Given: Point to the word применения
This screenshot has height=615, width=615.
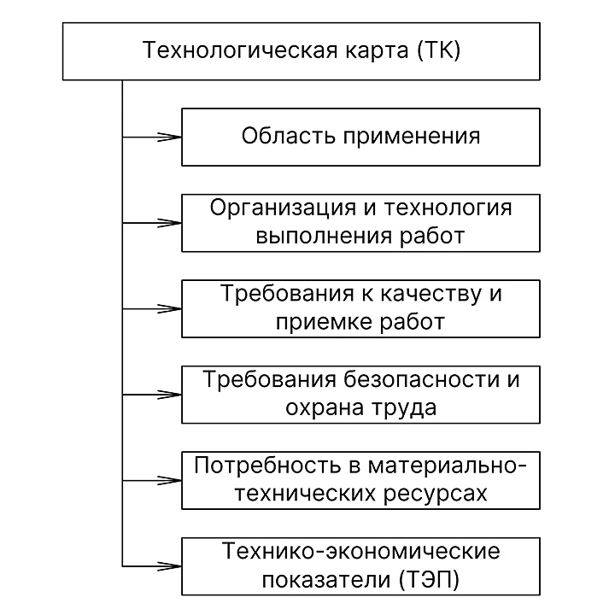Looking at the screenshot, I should [x=405, y=137].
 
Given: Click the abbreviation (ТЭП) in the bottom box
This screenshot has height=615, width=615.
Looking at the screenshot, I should [x=429, y=579].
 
